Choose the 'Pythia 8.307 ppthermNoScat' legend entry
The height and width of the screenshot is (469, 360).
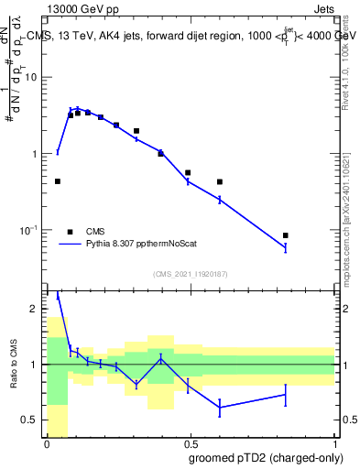click(137, 245)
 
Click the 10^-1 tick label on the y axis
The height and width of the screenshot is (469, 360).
click(31, 230)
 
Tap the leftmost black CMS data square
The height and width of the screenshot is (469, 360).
click(58, 181)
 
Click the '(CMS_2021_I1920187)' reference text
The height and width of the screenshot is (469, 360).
click(191, 274)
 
